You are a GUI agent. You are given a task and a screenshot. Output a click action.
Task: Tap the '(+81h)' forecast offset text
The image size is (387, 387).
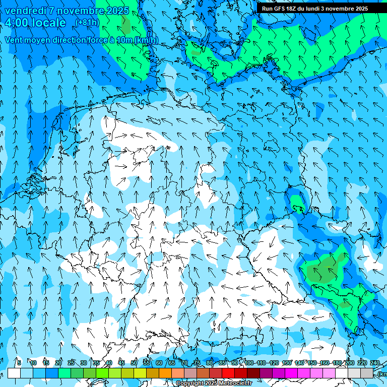pos(87,23)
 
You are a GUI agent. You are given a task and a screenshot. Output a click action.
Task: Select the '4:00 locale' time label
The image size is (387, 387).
pos(35,23)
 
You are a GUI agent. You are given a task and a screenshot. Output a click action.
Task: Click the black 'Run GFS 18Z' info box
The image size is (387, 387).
pos(314,9)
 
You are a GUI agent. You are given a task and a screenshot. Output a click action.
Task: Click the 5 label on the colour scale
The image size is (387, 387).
pos(19,363)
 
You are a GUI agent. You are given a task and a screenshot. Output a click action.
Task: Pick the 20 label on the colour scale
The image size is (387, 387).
pos(58,363)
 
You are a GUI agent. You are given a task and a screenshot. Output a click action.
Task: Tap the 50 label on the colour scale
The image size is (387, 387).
pos(134,363)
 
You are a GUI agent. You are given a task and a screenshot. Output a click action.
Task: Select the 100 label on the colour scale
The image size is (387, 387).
pos(249,363)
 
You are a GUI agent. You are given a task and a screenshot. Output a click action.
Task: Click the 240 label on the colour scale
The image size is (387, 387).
pos(375,363)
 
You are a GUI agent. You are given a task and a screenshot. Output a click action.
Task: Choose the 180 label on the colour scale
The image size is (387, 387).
pos(336,363)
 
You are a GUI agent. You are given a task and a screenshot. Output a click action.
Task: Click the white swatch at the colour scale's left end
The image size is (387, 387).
pos(14,373)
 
